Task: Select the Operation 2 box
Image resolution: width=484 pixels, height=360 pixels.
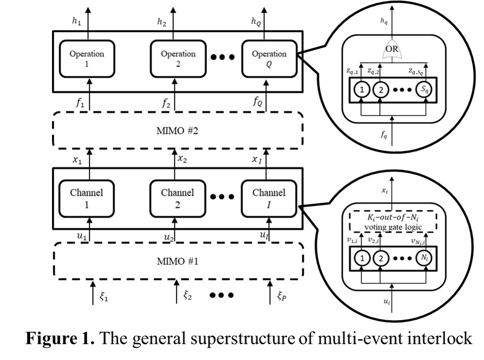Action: coord(178,58)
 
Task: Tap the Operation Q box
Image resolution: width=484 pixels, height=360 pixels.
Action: coord(269,58)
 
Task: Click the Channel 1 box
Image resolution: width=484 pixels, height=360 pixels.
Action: coord(86,197)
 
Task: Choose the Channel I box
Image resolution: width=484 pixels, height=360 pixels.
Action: coord(269,197)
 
